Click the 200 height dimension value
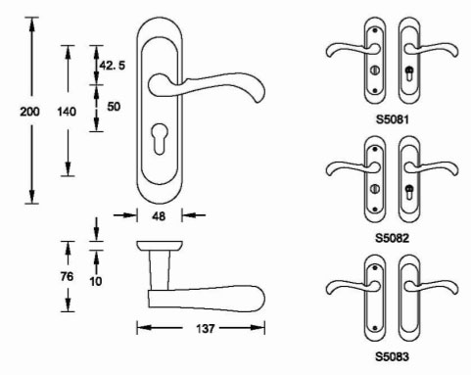pos(29,112)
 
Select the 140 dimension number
pos(67,112)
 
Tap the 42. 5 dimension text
pos(113,66)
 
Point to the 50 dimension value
pos(114,107)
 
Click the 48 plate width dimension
pos(159,216)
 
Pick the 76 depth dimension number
pos(67,276)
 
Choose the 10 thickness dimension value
pos(96,281)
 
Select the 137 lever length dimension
pos(205,328)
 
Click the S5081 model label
pos(392,119)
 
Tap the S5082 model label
pos(392,238)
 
